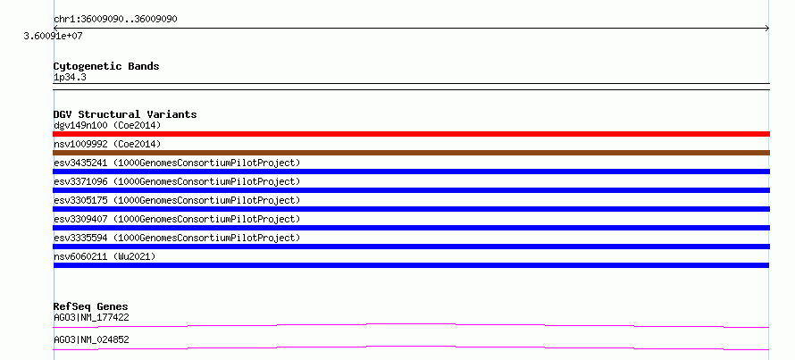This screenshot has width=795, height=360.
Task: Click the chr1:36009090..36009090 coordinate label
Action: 115,20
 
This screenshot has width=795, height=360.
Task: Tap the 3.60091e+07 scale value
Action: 54,36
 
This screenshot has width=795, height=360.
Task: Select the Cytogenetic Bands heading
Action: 106,66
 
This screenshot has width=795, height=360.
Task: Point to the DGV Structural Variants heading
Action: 125,114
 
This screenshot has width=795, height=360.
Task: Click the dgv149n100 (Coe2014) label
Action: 107,125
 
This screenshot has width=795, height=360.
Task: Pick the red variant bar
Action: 411,134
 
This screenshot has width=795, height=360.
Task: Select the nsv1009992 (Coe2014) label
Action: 107,144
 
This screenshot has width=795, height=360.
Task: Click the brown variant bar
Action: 411,153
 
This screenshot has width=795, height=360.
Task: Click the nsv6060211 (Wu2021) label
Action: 105,256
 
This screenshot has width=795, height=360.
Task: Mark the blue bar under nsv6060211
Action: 411,265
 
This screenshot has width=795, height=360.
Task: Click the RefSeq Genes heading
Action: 91,306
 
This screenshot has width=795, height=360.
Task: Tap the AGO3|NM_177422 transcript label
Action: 91,318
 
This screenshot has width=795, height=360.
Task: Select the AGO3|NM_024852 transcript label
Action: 91,339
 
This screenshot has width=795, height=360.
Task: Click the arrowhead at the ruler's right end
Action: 768,29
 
